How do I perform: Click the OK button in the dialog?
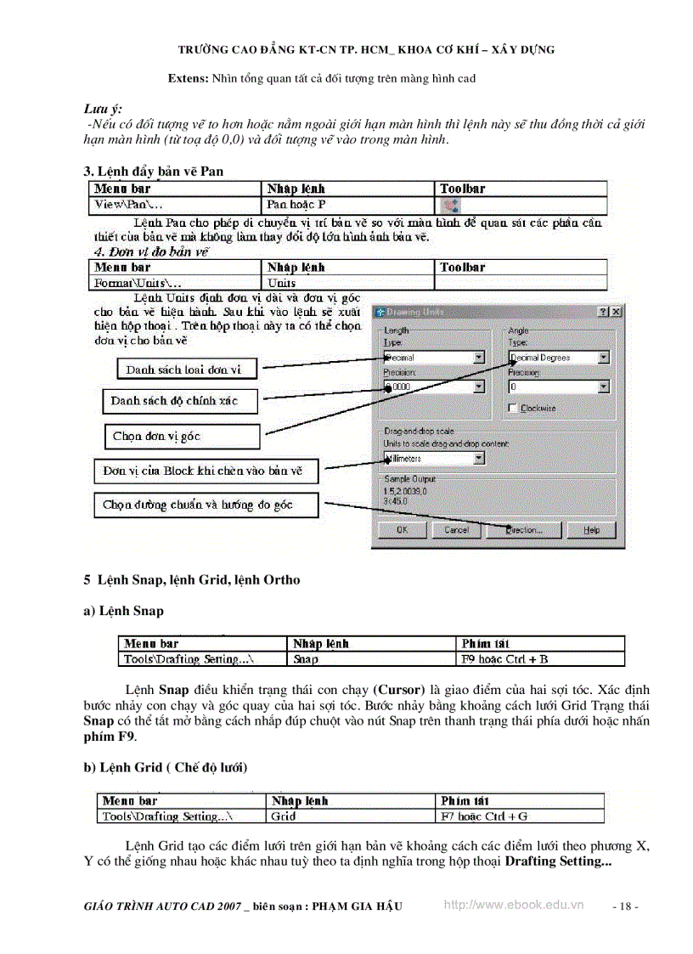pyautogui.click(x=402, y=529)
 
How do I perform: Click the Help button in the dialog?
pyautogui.click(x=591, y=529)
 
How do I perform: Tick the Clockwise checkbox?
pyautogui.click(x=513, y=409)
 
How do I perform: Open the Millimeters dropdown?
pyautogui.click(x=479, y=458)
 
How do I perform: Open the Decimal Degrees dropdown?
pyautogui.click(x=603, y=358)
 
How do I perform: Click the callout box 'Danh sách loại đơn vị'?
pyautogui.click(x=183, y=370)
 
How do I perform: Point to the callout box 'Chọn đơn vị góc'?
pyautogui.click(x=181, y=437)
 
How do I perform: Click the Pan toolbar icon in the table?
pyautogui.click(x=451, y=206)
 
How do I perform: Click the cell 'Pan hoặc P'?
pyautogui.click(x=296, y=206)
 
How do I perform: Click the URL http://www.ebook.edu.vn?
pyautogui.click(x=514, y=906)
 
